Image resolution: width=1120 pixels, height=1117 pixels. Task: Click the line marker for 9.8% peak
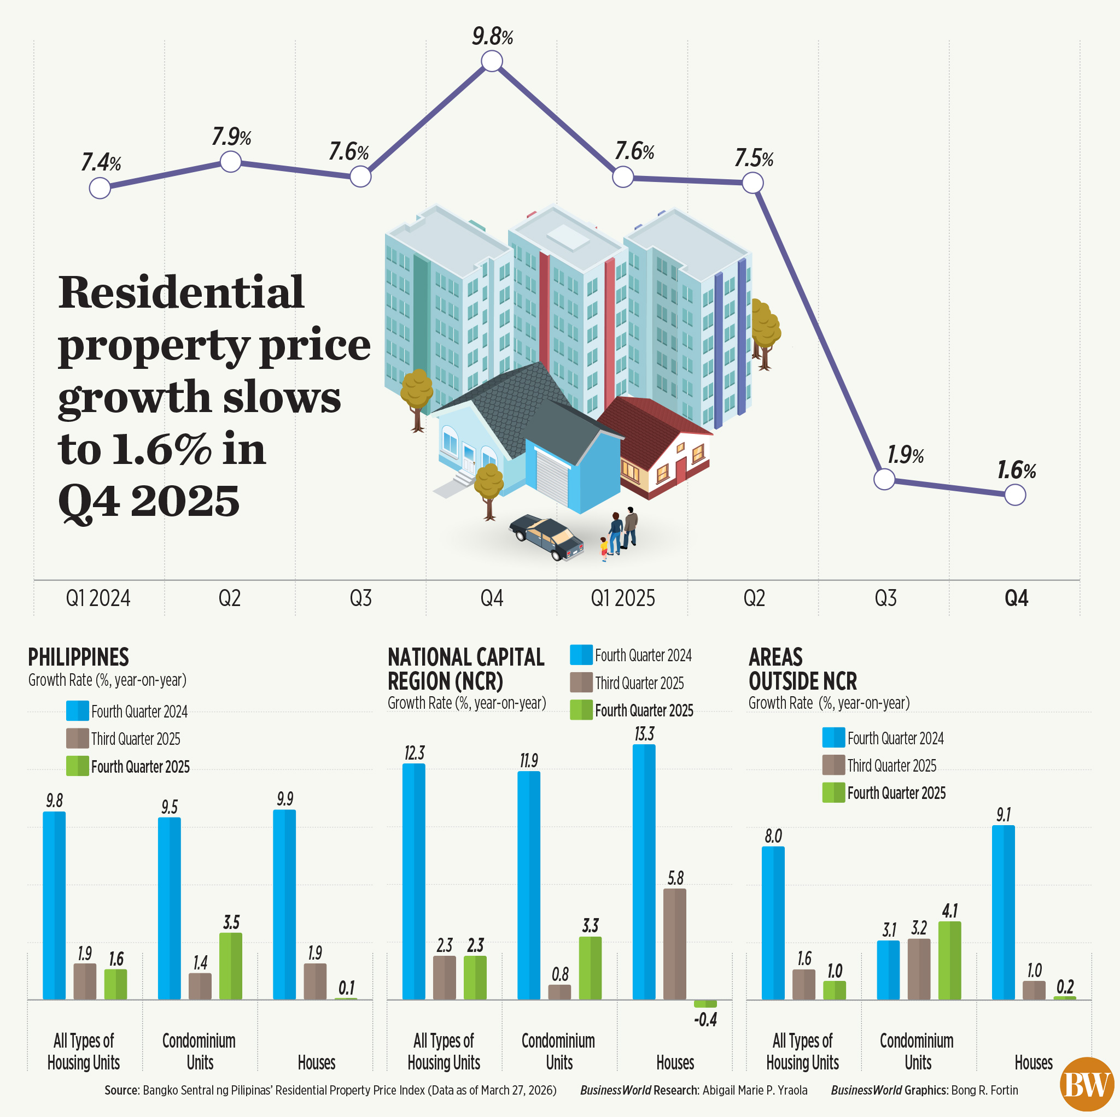tap(492, 61)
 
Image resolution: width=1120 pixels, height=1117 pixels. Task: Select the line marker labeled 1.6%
tap(1015, 495)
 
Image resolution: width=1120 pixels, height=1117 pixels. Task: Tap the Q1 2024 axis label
tap(98, 598)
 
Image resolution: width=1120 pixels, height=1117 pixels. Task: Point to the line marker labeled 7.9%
tap(231, 162)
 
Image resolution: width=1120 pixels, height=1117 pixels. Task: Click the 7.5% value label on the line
tap(754, 158)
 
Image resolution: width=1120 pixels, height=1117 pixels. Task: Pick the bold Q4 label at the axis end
tap(1016, 598)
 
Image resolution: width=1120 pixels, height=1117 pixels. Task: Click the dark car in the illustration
tap(546, 537)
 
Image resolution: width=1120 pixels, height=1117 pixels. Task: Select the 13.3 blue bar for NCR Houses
tap(644, 872)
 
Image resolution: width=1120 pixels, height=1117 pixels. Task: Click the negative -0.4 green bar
tap(705, 1003)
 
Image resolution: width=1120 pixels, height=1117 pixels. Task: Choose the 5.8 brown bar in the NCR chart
tap(674, 944)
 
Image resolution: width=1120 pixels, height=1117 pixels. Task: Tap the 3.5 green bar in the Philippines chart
tap(231, 966)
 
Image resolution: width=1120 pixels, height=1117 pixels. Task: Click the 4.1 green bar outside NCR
tap(949, 960)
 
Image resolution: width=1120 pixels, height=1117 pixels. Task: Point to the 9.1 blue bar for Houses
tap(1003, 912)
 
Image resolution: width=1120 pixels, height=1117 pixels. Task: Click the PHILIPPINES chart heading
tap(78, 657)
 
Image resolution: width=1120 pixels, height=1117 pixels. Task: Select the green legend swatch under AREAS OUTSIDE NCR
tap(833, 792)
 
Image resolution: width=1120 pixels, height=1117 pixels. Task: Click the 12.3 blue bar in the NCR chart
tap(413, 881)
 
